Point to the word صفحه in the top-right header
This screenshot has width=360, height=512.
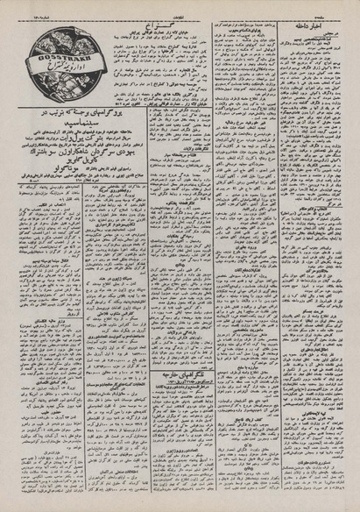point(337,7)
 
